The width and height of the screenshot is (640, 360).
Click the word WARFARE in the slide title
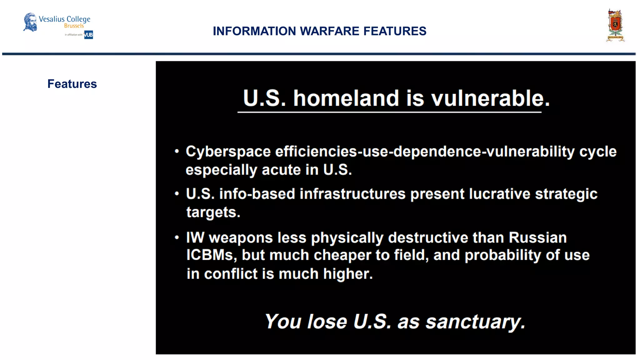click(329, 31)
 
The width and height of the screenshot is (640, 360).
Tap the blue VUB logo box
click(88, 35)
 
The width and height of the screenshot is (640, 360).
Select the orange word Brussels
click(74, 26)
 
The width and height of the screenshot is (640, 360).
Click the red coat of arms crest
click(615, 25)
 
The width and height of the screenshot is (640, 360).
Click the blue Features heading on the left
click(72, 84)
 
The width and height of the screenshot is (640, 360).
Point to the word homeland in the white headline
click(346, 98)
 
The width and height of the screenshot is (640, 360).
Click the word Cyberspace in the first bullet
click(228, 152)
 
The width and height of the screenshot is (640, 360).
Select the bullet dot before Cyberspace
click(177, 152)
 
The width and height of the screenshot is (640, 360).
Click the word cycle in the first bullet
click(598, 152)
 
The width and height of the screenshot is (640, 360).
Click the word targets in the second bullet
click(213, 212)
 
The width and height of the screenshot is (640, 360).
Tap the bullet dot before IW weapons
click(177, 238)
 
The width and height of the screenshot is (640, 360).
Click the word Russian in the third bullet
click(537, 238)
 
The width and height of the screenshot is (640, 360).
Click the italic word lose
click(327, 322)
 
